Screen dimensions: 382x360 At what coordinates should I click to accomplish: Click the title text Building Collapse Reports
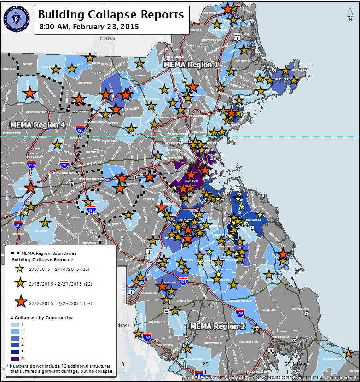tap(111, 14)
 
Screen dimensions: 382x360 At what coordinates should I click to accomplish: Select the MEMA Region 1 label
tap(191, 65)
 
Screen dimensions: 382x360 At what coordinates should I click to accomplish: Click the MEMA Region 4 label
tap(37, 125)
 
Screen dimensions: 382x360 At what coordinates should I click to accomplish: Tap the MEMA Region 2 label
tap(216, 326)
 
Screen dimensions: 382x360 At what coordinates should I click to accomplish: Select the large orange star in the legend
tap(20, 302)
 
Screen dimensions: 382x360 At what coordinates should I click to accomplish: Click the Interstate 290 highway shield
tap(64, 165)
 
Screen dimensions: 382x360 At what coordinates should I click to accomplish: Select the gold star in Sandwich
tap(348, 353)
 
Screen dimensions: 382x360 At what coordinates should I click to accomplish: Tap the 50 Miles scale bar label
tap(294, 364)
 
